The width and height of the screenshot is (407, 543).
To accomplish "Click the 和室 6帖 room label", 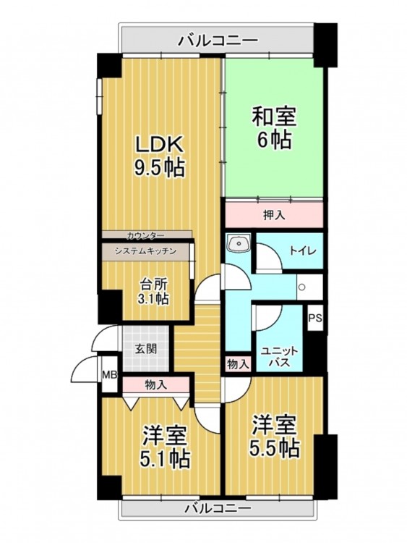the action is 274,127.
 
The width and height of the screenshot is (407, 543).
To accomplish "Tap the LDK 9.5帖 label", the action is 159,156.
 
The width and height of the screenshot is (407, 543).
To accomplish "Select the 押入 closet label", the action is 274,215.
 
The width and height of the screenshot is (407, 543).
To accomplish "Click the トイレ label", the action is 303,251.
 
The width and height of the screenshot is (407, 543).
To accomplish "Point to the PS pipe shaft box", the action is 315,318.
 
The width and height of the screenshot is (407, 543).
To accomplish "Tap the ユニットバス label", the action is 279,357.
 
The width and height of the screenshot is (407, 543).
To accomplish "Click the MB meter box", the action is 110,374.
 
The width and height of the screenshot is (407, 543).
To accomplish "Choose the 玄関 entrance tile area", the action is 145,349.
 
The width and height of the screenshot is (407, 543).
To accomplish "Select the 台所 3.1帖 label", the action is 153,292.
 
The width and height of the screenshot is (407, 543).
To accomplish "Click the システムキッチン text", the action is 145,251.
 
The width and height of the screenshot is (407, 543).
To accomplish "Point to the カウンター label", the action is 145,235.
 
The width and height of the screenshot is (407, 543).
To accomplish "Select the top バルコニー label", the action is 218,41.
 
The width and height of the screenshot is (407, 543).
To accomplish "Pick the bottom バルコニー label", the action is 218,509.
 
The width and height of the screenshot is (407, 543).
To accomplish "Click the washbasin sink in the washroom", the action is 239,242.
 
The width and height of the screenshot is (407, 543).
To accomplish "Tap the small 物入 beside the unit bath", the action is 239,364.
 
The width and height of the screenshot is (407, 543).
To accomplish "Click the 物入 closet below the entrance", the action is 156,384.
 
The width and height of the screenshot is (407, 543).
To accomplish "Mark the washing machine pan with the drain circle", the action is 310,287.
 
